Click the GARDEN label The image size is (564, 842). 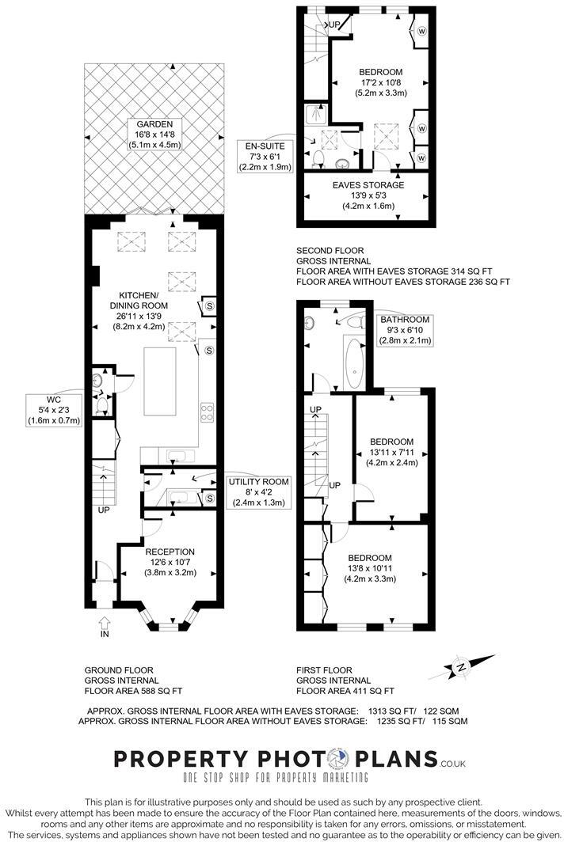[149, 124]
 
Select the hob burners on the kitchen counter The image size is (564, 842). [208, 411]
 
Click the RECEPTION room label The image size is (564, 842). [170, 552]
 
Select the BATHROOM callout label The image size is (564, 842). [405, 320]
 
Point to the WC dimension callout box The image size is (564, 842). [53, 409]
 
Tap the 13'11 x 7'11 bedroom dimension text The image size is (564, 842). [391, 452]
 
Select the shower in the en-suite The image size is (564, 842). [318, 114]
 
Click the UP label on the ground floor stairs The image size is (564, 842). [104, 510]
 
